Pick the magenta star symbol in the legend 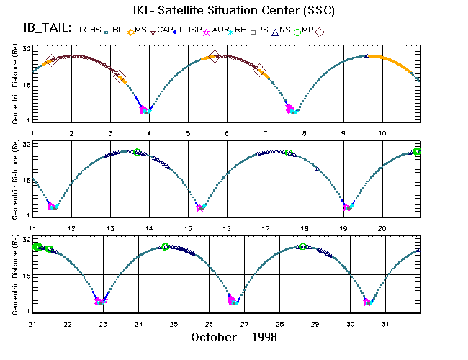click(x=207, y=31)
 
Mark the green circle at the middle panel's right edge click(x=417, y=151)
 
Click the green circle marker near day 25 click(x=166, y=247)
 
